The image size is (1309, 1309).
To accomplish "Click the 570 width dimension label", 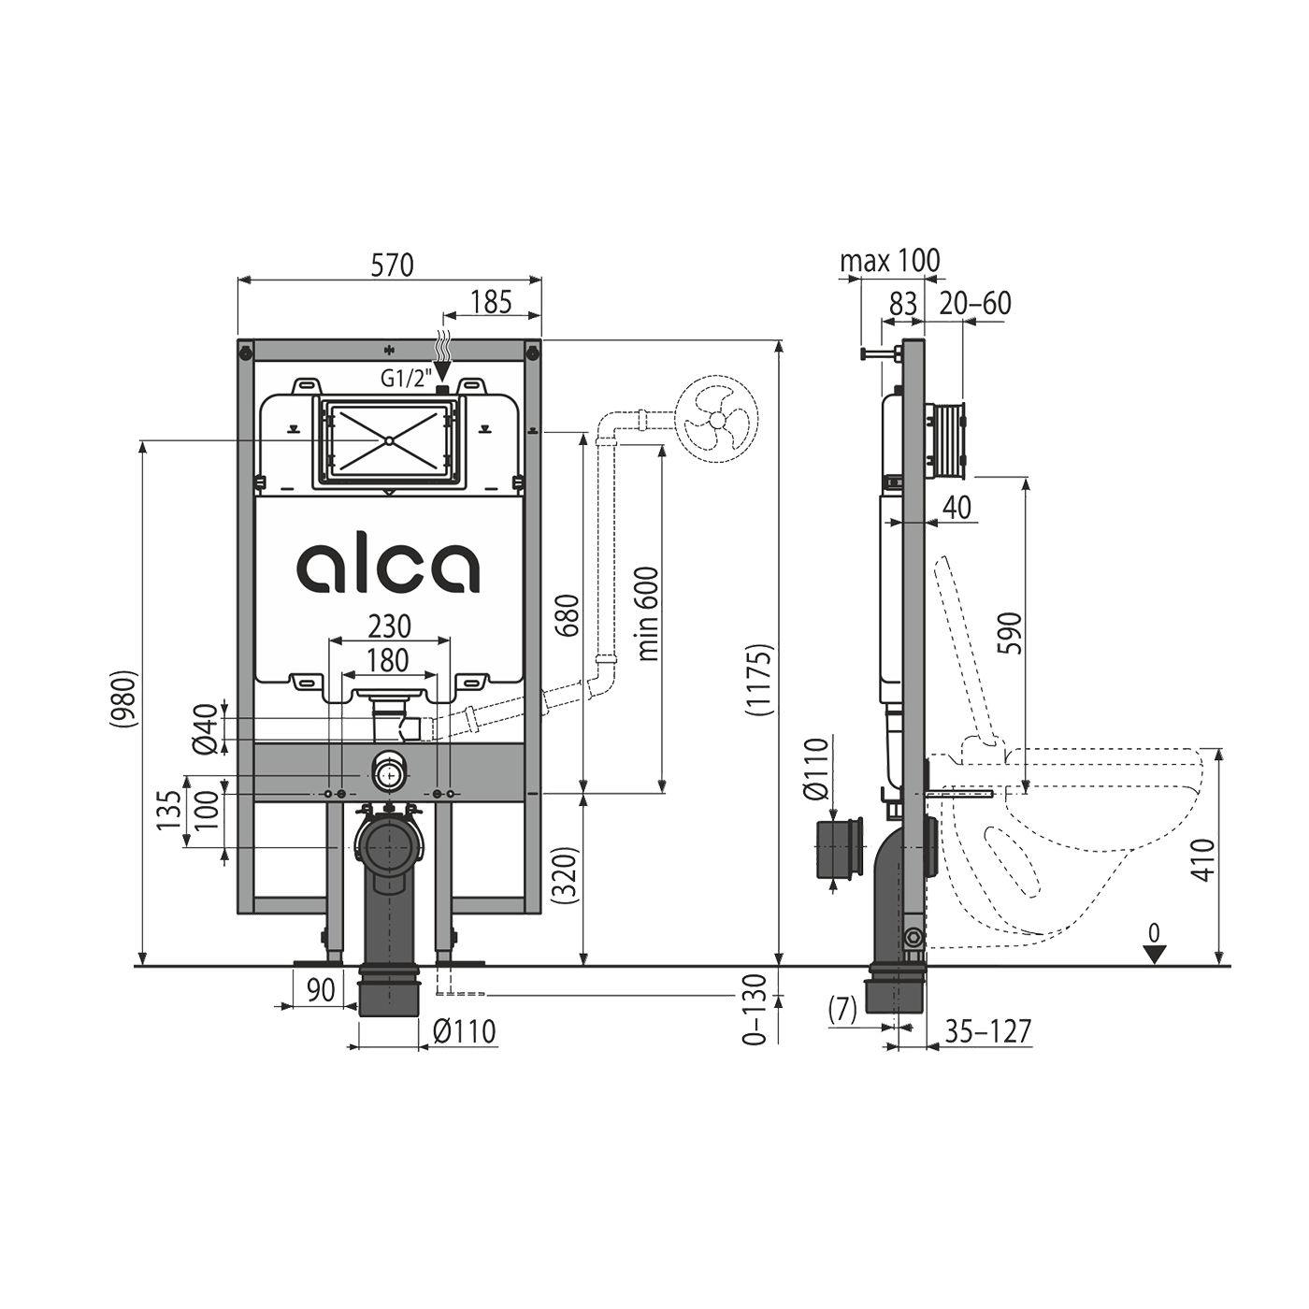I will (x=392, y=266).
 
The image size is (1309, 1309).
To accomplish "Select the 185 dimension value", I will (x=491, y=302).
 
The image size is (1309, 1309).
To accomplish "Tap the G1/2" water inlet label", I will (x=404, y=379).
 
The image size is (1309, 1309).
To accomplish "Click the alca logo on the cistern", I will (x=388, y=567).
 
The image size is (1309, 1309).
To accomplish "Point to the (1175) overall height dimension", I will (x=759, y=680).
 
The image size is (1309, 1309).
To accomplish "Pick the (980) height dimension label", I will (x=123, y=698).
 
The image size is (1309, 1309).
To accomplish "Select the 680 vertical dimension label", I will (x=567, y=614).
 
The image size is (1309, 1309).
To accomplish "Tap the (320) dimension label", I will (x=566, y=874).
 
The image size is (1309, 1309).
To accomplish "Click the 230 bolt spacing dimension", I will (x=388, y=626).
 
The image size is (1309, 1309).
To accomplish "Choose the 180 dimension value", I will (x=388, y=660).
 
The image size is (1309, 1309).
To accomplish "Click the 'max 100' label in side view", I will (x=889, y=261).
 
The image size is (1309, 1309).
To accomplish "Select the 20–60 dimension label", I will (x=975, y=303).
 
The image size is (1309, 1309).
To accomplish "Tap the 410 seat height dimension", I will (x=1204, y=859).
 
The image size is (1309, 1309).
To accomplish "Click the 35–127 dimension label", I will (x=987, y=1031).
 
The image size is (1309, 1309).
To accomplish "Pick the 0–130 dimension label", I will (x=754, y=1008).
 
